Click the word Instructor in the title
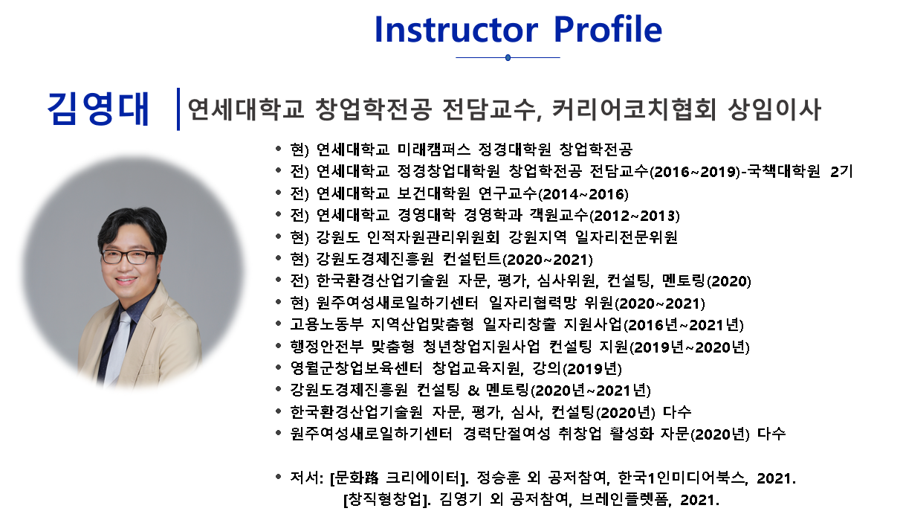pos(456,29)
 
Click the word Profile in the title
pos(608,29)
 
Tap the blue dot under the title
pos(508,58)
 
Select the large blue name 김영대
pos(98,109)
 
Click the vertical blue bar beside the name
pos(178,109)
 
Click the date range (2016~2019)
pos(695,172)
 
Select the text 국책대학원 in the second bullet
pos(783,171)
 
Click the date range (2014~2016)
pos(583,194)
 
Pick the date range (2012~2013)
pos(635,216)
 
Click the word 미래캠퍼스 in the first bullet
pos(434,150)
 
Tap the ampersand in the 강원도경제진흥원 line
pos(473,391)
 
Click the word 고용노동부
pos(326,324)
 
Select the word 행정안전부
pos(326,347)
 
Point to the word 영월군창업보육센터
pos(356,368)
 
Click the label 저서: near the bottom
pos(307,478)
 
